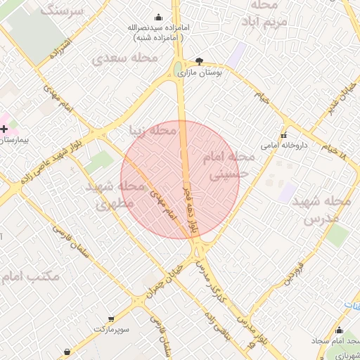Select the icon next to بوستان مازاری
click(x=199, y=61)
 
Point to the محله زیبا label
click(x=153, y=131)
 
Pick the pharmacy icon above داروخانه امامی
click(x=284, y=135)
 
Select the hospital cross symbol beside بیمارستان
click(x=5, y=129)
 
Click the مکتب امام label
click(x=32, y=276)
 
